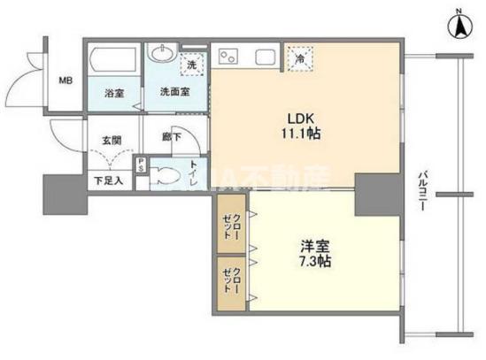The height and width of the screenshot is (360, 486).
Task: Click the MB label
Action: (x=66, y=80)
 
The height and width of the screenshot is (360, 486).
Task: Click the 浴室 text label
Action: (x=113, y=92)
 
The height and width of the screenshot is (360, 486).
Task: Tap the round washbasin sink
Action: (x=162, y=55)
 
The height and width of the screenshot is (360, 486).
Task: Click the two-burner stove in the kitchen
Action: (x=229, y=57)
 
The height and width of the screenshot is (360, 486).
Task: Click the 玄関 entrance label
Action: (x=111, y=140)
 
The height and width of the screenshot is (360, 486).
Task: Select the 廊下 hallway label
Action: (x=172, y=136)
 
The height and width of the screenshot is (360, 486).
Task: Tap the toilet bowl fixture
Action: (x=165, y=175)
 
